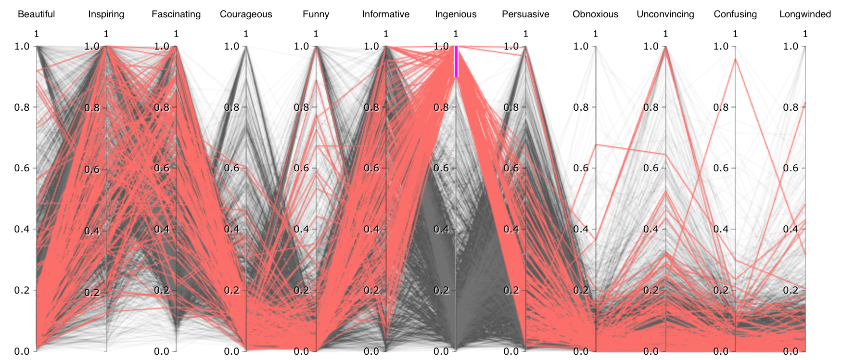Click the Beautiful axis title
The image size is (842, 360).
pyautogui.click(x=37, y=14)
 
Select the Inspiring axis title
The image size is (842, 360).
pyautogui.click(x=106, y=14)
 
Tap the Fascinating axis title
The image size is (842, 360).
pyautogui.click(x=176, y=14)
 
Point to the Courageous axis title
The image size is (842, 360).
pyautogui.click(x=246, y=14)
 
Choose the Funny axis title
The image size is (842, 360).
pyautogui.click(x=316, y=14)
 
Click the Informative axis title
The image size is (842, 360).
pyautogui.click(x=386, y=14)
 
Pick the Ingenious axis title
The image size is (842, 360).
pyautogui.click(x=456, y=14)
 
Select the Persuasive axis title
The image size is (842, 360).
pyautogui.click(x=525, y=14)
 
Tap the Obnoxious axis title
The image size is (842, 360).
pyautogui.click(x=595, y=14)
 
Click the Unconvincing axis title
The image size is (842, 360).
pyautogui.click(x=665, y=14)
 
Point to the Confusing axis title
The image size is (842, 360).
pyautogui.click(x=735, y=14)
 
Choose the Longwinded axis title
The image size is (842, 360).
pyautogui.click(x=805, y=14)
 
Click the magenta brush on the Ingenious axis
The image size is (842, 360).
pyautogui.click(x=456, y=61)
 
